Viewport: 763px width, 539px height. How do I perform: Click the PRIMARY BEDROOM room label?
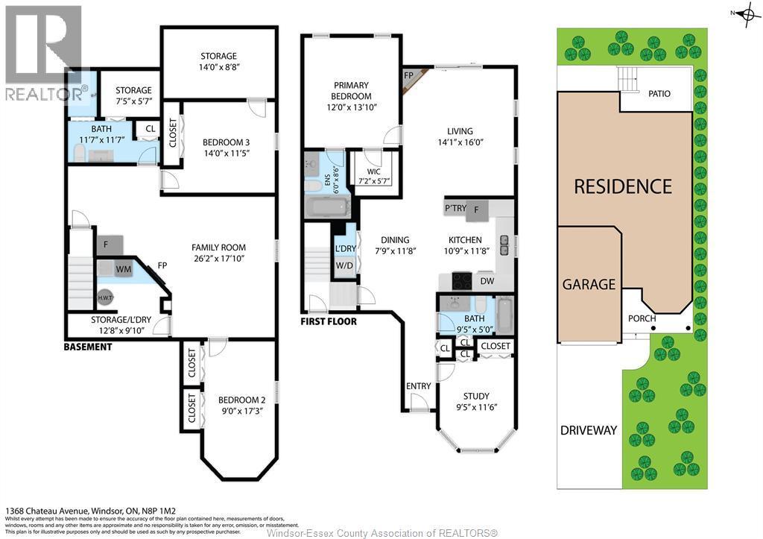[x=352, y=91]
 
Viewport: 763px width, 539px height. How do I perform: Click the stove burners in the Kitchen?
[x=462, y=281]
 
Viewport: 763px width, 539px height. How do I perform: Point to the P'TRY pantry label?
[x=456, y=209]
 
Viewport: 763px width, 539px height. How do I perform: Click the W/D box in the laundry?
[x=345, y=265]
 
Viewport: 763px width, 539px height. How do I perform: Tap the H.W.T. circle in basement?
[x=105, y=297]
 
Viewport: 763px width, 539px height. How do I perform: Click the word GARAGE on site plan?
[x=589, y=284]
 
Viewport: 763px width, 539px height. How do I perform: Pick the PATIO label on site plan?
[x=659, y=94]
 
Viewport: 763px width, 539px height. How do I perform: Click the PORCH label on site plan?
[x=642, y=318]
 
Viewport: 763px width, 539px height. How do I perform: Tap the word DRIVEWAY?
[x=589, y=430]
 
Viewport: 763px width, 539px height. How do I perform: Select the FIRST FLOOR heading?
[x=329, y=322]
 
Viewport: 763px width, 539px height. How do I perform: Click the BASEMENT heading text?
[x=88, y=347]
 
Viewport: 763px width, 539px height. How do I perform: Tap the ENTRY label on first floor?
[x=418, y=385]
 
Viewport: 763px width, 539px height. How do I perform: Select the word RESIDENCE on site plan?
[x=623, y=186]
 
